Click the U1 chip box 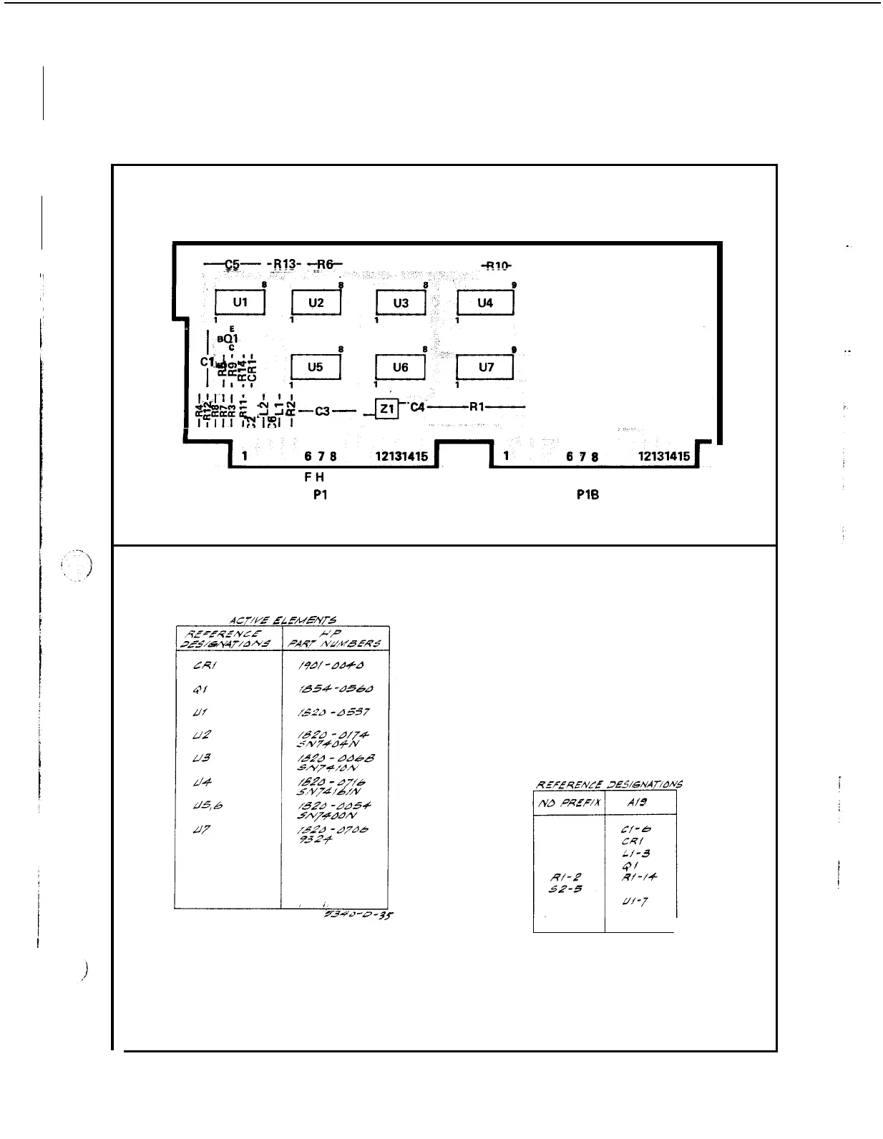[x=240, y=303]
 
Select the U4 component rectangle [x=485, y=303]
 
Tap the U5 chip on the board [x=315, y=368]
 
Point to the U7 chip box [x=485, y=368]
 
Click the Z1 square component [x=387, y=409]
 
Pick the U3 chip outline [x=401, y=303]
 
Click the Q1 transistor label [x=230, y=338]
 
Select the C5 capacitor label [x=232, y=264]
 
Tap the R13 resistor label [x=285, y=264]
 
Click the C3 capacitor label [x=322, y=411]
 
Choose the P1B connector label [x=587, y=494]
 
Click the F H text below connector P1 [x=314, y=476]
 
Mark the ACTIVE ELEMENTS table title [x=283, y=620]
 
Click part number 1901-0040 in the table [x=333, y=666]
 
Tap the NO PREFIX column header [x=569, y=803]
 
